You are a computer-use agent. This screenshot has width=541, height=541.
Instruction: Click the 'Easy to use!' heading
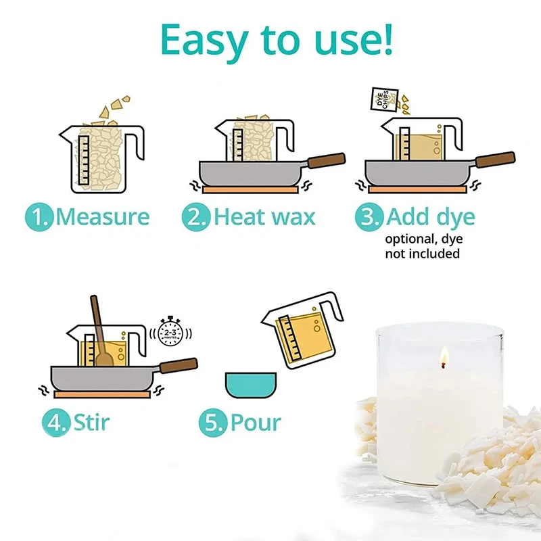277,40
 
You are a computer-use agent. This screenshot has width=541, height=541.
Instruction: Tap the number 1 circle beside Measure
39,218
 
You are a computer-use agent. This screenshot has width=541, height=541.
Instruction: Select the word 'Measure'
102,217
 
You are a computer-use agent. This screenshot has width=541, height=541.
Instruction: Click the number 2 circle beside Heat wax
196,218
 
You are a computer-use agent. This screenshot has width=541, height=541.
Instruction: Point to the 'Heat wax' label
264,217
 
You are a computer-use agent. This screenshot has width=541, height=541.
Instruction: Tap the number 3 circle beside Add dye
369,218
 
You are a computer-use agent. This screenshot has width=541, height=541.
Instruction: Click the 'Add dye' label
431,217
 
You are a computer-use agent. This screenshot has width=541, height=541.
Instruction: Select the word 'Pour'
255,423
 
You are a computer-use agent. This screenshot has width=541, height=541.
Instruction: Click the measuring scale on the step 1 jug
83,159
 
